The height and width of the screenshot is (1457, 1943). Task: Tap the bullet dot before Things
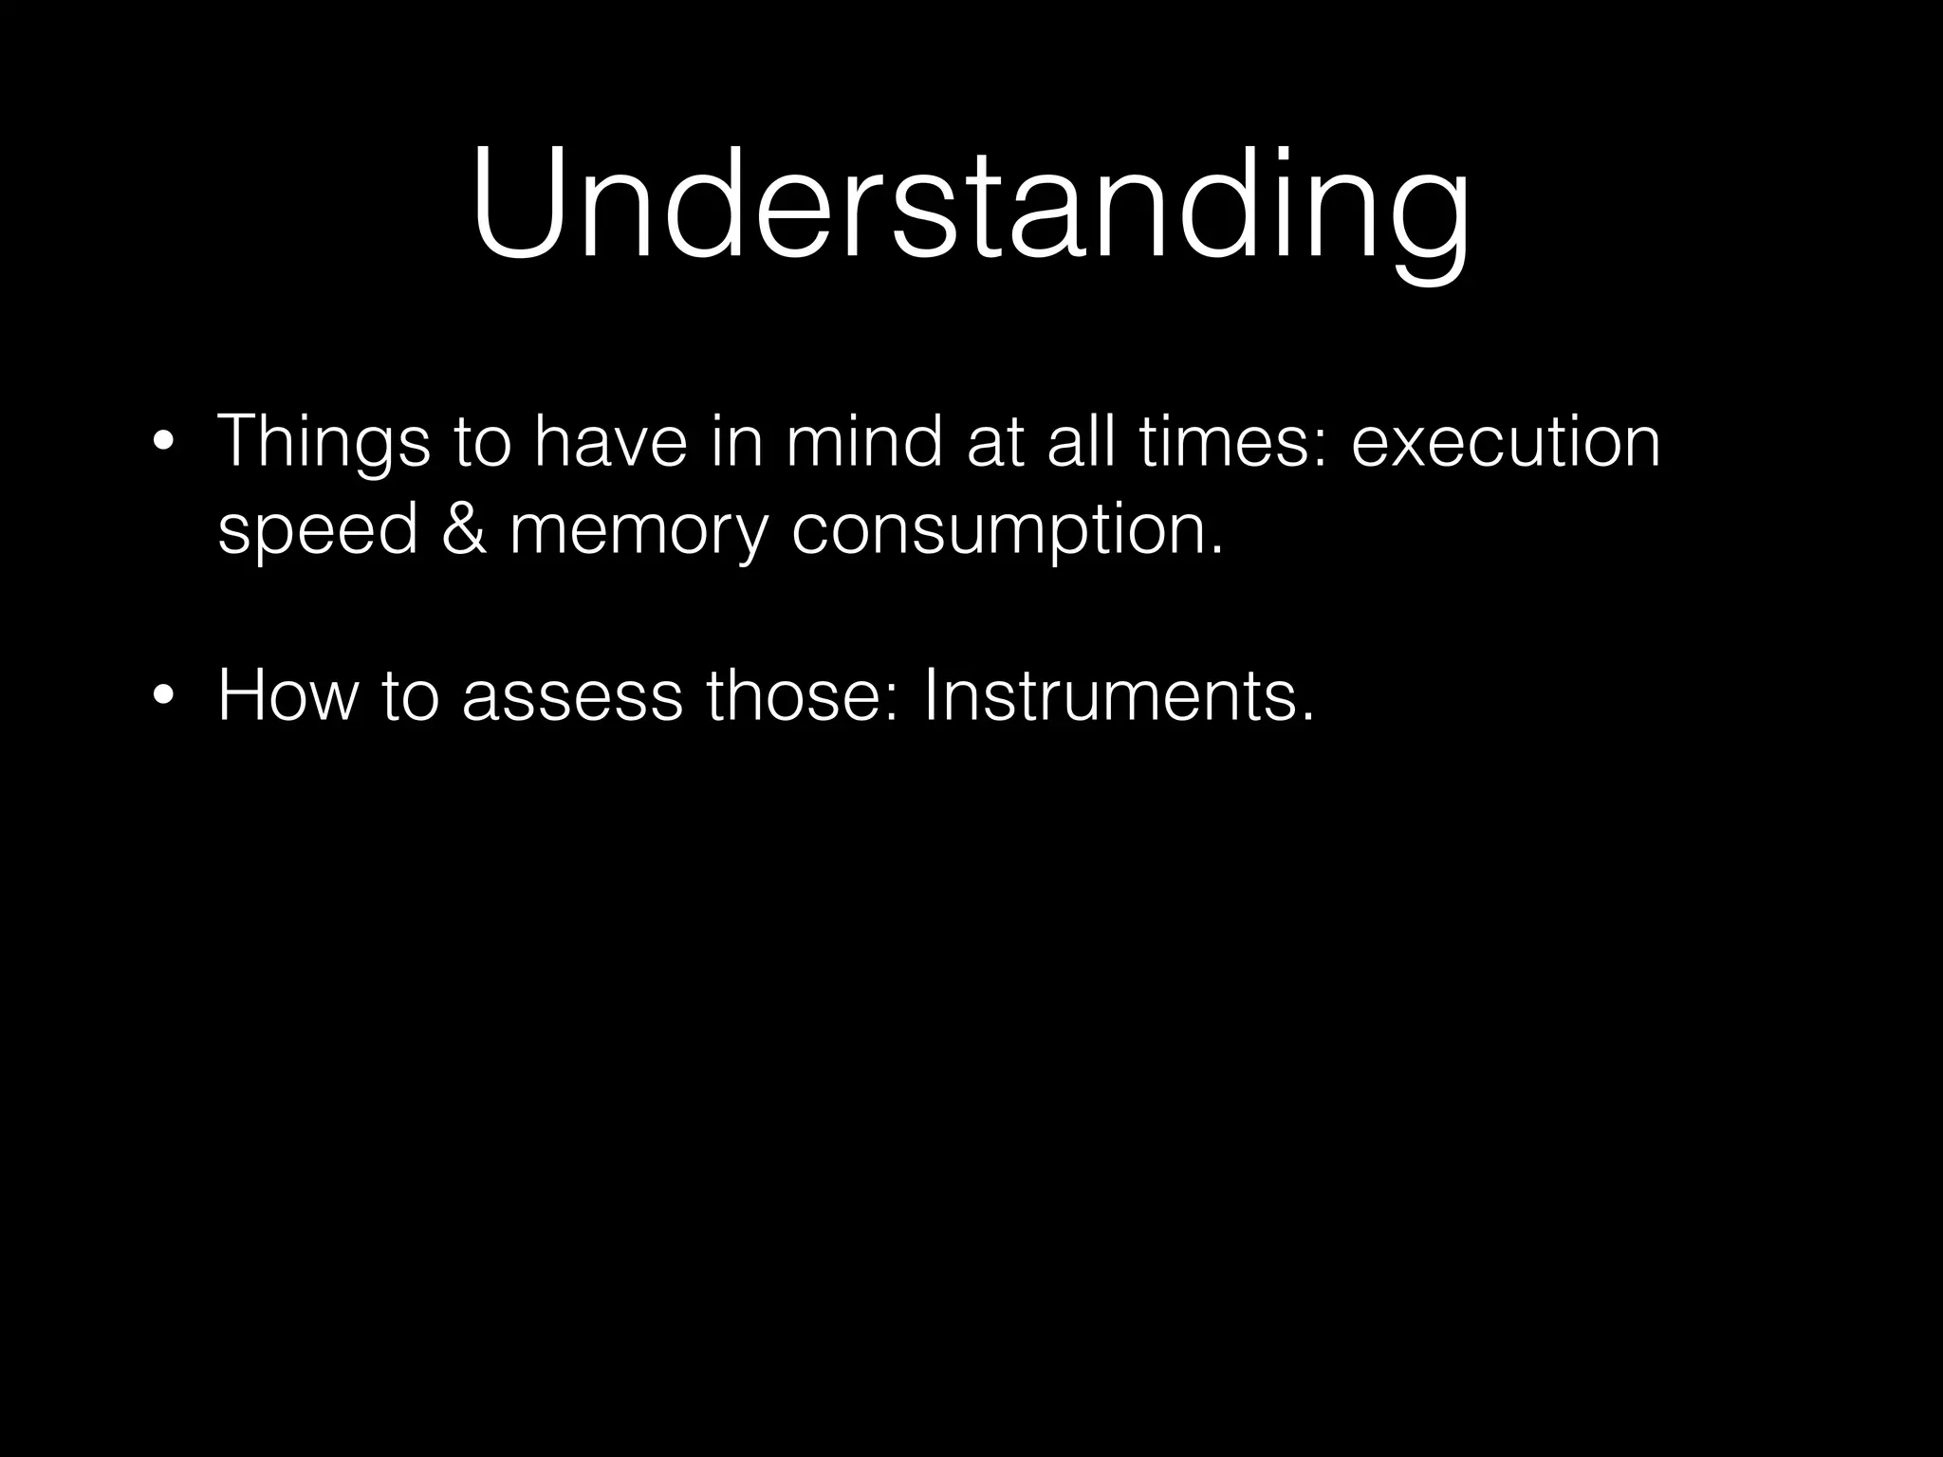164,442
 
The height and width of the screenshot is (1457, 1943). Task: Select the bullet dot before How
164,695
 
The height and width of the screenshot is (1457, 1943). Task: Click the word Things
324,442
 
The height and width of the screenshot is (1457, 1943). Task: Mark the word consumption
1006,531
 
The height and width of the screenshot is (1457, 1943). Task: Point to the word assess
572,695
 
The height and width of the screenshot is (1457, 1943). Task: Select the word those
802,695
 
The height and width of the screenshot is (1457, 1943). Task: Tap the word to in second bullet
411,695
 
